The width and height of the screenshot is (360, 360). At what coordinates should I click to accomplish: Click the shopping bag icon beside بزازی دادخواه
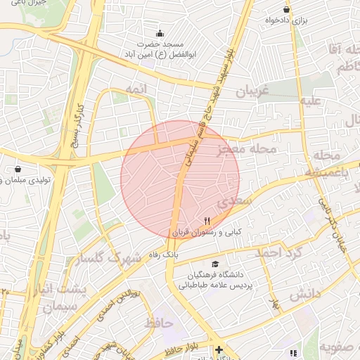point(286,9)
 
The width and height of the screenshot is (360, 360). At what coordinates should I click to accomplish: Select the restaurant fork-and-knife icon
point(207,221)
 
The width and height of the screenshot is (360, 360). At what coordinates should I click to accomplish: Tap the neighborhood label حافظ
point(159,323)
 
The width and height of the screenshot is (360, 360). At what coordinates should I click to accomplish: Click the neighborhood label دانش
point(304,293)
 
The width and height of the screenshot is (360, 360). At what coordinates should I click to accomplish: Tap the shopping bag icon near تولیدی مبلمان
point(18,169)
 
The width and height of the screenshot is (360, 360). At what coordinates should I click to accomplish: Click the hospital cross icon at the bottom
point(219,349)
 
